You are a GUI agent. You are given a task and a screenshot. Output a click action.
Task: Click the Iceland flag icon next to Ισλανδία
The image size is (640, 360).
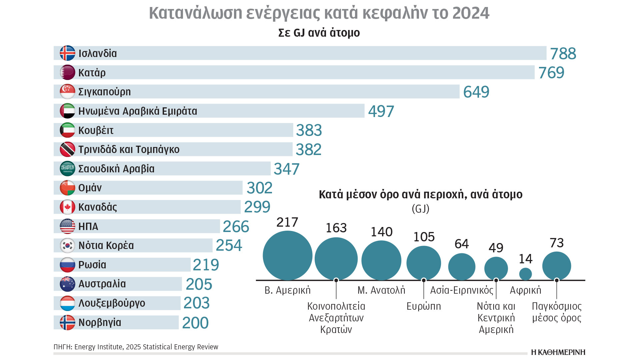tap(67, 53)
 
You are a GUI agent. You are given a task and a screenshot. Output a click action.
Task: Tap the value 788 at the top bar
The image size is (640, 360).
tap(563, 54)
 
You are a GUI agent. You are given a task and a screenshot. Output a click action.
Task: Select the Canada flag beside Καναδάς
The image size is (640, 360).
tap(67, 207)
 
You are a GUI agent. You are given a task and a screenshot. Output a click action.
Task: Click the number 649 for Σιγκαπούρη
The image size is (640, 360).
tap(476, 92)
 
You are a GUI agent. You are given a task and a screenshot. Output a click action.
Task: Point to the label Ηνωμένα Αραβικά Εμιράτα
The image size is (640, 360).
tap(137, 111)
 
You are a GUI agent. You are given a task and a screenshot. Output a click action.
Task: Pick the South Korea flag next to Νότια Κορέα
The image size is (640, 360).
tap(67, 246)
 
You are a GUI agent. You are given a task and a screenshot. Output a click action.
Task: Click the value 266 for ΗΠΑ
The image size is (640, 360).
tap(236, 227)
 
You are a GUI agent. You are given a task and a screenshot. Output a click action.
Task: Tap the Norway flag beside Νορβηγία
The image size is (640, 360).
tap(67, 323)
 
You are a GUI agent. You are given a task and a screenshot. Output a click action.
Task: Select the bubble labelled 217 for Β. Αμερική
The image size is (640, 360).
tap(287, 256)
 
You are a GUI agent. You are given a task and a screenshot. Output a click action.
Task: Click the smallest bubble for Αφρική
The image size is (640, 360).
tap(525, 274)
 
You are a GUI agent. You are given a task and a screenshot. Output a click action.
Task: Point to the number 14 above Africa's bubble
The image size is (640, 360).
tap(525, 259)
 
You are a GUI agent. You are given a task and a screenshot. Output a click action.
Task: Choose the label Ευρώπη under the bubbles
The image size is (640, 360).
tap(423, 306)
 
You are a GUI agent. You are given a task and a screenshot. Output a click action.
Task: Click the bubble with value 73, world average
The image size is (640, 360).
tap(556, 266)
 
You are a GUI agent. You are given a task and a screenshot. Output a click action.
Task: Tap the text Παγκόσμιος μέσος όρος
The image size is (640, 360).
tap(556, 312)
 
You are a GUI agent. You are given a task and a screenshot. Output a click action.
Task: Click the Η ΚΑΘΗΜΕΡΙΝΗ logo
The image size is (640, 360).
tap(558, 352)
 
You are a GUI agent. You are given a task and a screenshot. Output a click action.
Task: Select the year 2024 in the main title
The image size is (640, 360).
tap(471, 13)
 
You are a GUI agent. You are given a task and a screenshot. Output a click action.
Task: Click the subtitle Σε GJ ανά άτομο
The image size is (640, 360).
tap(319, 33)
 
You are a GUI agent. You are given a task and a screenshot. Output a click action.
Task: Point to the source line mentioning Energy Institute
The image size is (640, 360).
tap(136, 347)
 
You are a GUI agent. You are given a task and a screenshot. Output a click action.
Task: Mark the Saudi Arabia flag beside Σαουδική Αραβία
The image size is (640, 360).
tap(67, 169)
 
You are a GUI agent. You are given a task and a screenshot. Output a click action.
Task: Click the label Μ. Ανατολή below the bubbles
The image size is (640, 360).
tap(381, 290)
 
